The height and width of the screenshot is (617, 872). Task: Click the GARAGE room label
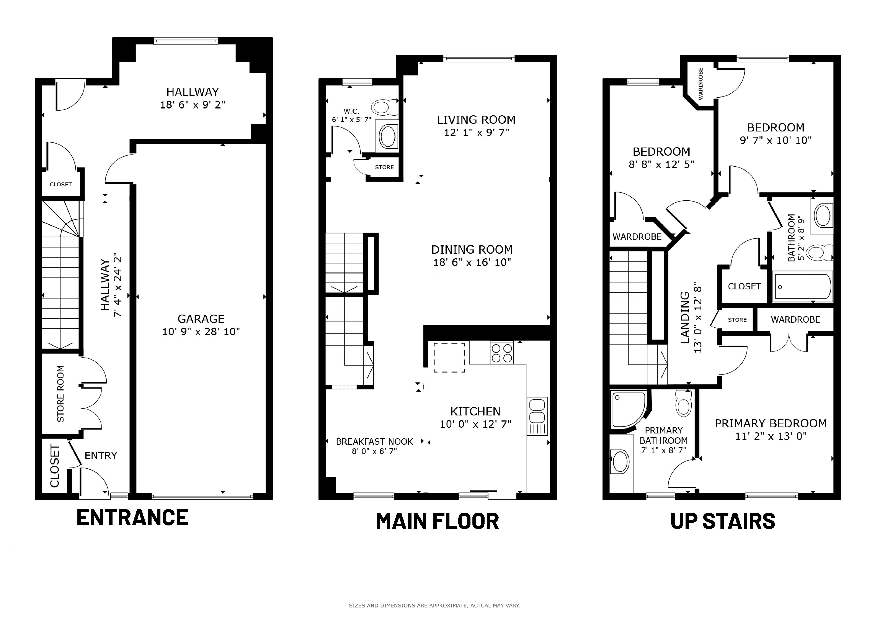click(x=201, y=319)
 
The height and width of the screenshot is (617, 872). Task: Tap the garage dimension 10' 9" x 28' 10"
click(x=201, y=332)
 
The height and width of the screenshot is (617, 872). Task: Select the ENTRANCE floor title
click(x=132, y=517)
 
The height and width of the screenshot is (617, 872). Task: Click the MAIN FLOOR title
click(x=437, y=521)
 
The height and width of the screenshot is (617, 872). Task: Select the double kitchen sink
click(x=537, y=416)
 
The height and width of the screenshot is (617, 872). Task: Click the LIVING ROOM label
click(x=476, y=120)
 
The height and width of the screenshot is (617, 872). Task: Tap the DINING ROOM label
click(x=472, y=250)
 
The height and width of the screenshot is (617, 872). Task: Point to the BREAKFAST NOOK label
click(x=374, y=441)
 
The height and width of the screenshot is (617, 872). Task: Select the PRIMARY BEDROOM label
click(x=771, y=423)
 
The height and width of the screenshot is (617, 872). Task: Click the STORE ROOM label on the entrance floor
click(x=60, y=394)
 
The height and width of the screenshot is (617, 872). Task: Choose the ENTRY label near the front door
click(x=101, y=456)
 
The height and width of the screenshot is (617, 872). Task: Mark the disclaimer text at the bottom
click(x=434, y=606)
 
